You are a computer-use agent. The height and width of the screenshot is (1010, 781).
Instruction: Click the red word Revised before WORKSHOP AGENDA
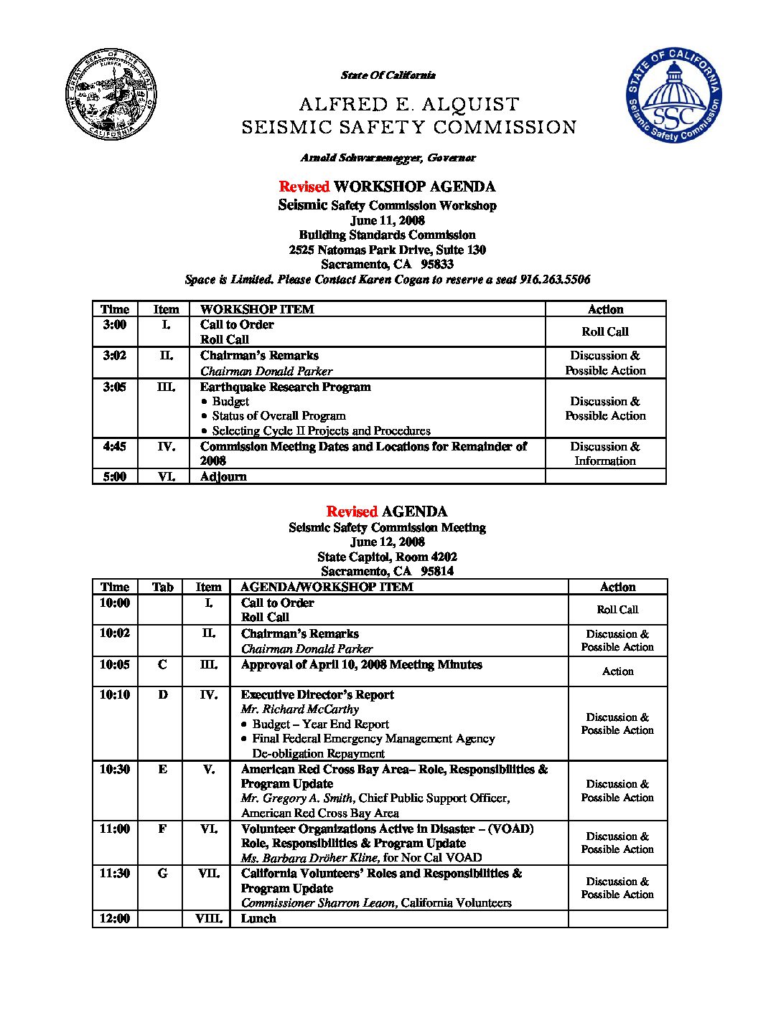(x=304, y=187)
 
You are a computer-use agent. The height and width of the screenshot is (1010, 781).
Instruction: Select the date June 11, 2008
(x=387, y=220)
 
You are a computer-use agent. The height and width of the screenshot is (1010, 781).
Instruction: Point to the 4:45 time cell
(x=115, y=446)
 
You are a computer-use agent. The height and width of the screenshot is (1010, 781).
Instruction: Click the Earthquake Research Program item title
(x=285, y=387)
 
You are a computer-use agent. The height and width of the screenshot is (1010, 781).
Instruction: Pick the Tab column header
(x=162, y=587)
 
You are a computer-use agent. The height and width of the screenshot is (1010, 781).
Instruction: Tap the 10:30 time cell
(x=115, y=769)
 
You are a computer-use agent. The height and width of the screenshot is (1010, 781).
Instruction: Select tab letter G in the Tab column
(x=162, y=873)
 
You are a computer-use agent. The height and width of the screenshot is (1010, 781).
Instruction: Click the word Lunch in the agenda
(x=258, y=918)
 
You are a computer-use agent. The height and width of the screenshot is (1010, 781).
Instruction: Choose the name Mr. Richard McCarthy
(x=300, y=709)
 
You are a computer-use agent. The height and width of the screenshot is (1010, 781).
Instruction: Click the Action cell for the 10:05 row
(x=617, y=671)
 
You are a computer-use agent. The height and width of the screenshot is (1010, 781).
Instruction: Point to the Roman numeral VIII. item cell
(x=208, y=918)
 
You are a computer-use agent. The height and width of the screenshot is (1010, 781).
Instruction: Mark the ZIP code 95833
(x=437, y=264)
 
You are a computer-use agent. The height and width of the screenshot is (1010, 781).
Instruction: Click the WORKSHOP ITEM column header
(x=257, y=309)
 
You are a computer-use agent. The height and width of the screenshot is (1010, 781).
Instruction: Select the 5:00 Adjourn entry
(x=223, y=476)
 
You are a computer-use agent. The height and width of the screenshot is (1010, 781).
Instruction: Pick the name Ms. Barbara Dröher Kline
(x=309, y=857)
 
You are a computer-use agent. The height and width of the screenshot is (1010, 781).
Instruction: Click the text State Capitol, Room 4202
(x=387, y=557)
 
